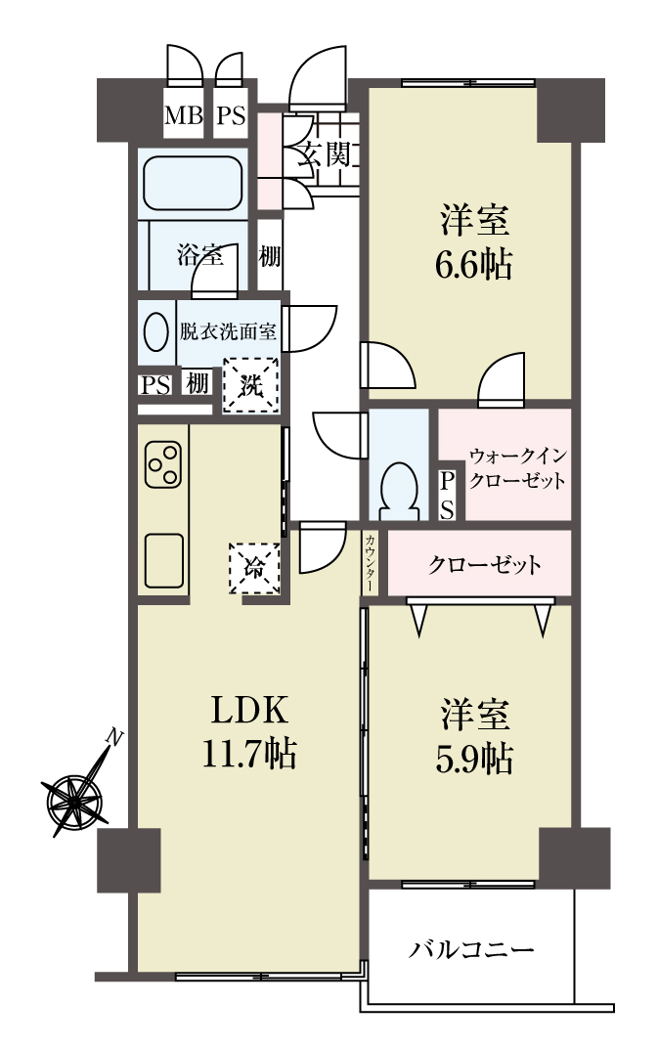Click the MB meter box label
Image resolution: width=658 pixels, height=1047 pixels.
184,115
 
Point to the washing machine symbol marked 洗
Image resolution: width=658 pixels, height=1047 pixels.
251,385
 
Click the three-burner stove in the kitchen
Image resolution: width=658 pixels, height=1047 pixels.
163,464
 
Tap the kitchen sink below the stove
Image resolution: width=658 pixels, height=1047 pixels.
163,560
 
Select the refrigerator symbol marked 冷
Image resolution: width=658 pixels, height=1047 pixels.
254,568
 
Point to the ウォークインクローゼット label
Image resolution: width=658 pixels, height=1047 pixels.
517,468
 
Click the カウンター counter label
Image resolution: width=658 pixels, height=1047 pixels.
371,562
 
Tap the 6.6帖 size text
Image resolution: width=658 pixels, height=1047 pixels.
473,265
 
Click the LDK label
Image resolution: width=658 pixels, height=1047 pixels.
249,710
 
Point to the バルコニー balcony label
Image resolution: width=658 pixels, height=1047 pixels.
471,948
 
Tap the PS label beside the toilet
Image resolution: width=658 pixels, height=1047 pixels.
447,495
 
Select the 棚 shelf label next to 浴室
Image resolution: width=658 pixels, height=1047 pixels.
269,256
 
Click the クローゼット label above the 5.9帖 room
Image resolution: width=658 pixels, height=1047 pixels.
485,565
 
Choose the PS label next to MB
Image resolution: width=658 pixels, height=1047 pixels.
231,115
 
